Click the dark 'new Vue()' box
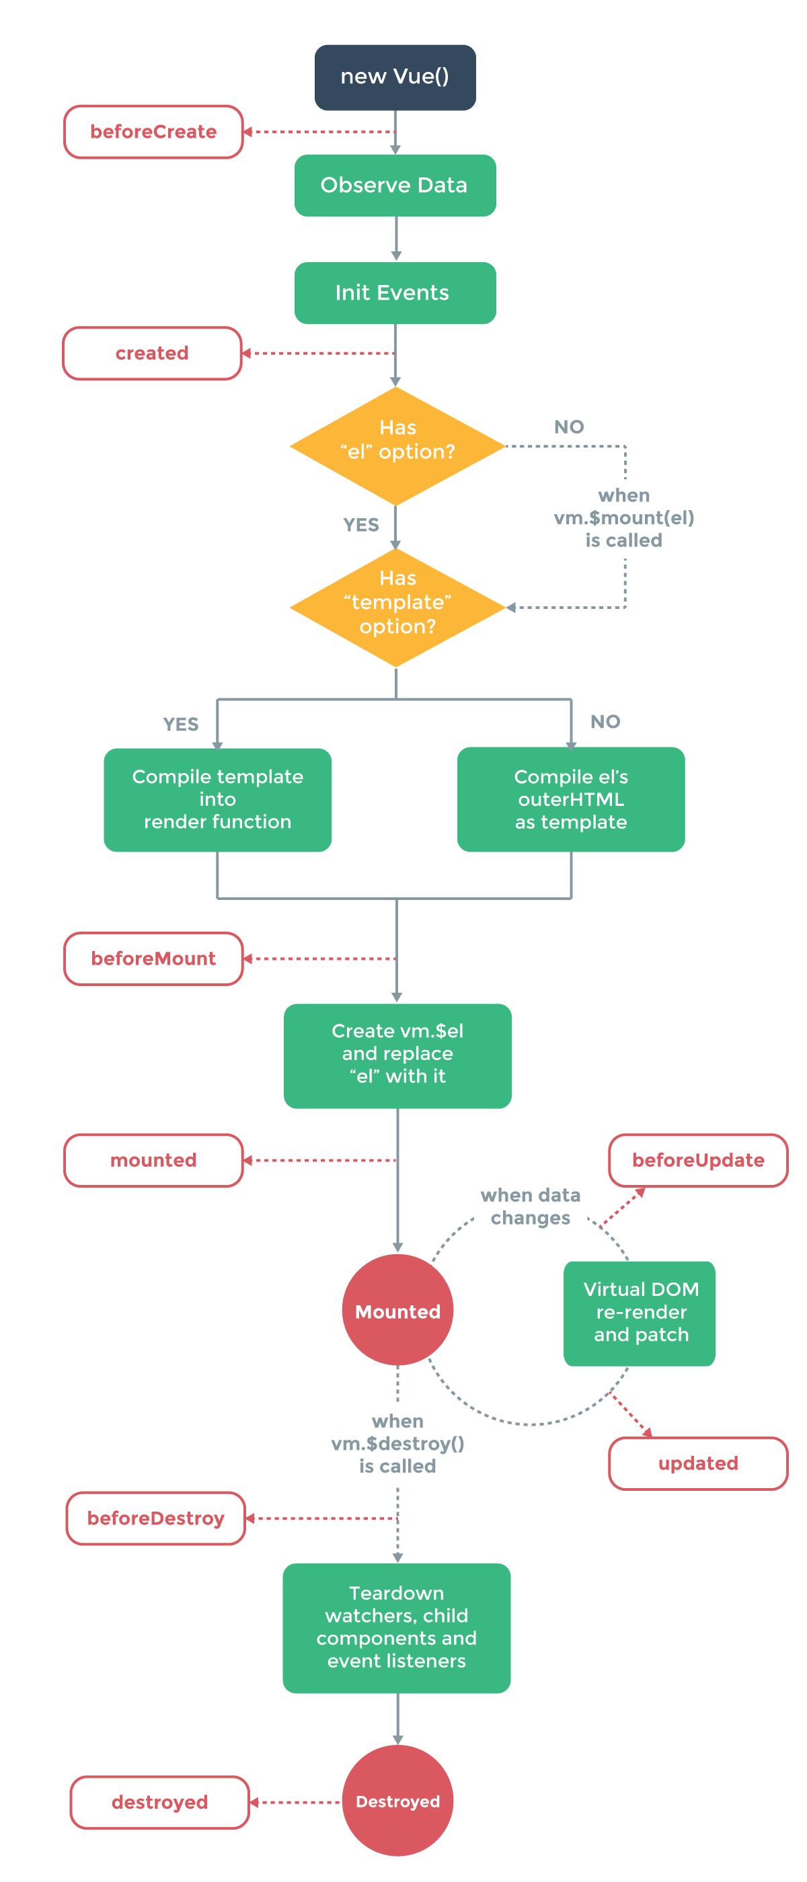tap(395, 77)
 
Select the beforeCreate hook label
tap(153, 132)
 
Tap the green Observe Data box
tap(395, 185)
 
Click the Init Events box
tap(395, 292)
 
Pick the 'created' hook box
tap(152, 353)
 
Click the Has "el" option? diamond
tap(397, 446)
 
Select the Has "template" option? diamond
tap(397, 606)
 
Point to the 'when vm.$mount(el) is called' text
tap(623, 518)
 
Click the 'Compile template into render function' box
tap(217, 799)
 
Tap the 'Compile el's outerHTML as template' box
tap(570, 799)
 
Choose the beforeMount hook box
tap(153, 958)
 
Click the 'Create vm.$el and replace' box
tap(397, 1055)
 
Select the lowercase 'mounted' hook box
tap(153, 1159)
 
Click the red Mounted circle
tap(397, 1310)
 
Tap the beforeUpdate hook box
tap(697, 1159)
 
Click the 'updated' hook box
tap(697, 1463)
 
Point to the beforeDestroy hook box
tap(156, 1518)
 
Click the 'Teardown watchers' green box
tap(396, 1627)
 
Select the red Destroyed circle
tap(397, 1800)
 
